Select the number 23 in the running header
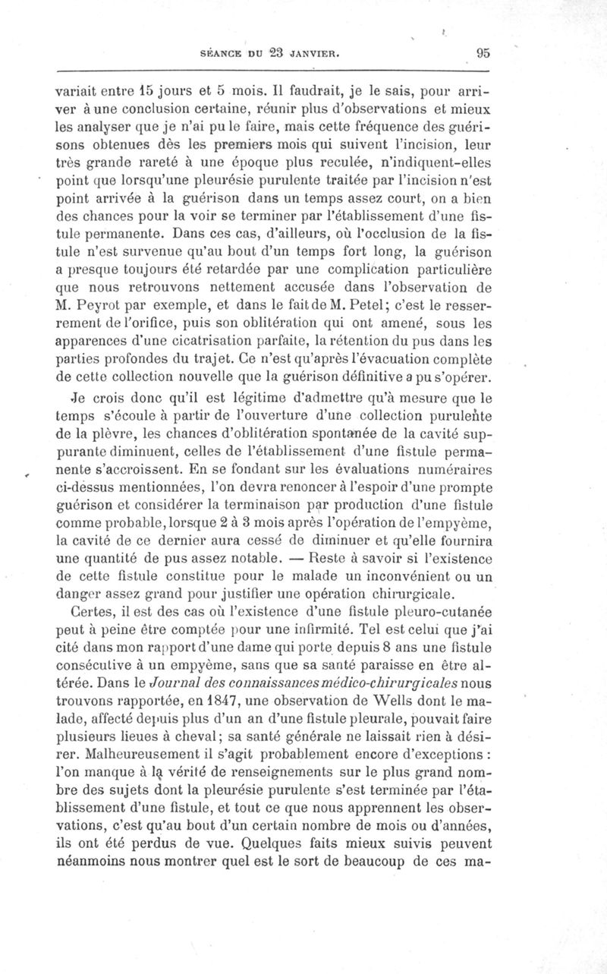253,53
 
